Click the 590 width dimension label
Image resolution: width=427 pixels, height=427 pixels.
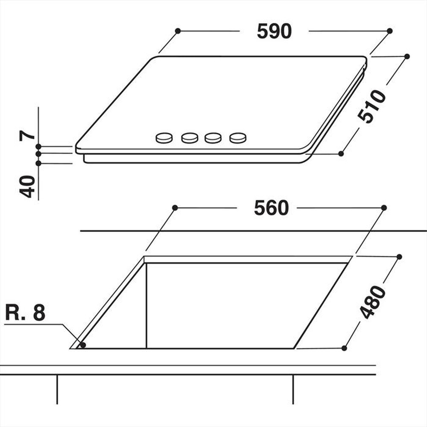click(x=274, y=31)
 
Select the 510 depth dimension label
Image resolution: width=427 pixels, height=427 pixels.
click(x=371, y=106)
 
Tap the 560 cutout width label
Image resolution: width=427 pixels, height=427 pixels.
click(x=271, y=208)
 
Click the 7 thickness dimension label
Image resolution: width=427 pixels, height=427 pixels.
click(x=27, y=135)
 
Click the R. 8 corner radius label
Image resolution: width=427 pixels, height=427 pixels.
click(x=25, y=313)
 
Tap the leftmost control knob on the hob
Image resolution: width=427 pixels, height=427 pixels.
click(x=164, y=137)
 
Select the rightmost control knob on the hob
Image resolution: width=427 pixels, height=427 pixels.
click(x=238, y=137)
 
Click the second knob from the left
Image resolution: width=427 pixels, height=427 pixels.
click(x=190, y=137)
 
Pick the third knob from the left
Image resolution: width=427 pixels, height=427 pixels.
click(x=213, y=137)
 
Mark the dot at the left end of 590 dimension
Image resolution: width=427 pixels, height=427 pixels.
click(x=178, y=31)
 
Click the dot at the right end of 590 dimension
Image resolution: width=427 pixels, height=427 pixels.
click(x=389, y=31)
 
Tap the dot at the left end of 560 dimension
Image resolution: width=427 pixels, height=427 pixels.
click(x=175, y=208)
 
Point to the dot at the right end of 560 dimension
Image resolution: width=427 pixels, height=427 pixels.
click(x=384, y=208)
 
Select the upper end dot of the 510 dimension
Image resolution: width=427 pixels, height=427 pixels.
click(x=407, y=56)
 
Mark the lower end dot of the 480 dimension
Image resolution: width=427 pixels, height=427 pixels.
click(x=344, y=348)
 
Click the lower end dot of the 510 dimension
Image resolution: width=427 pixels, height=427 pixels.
click(x=341, y=153)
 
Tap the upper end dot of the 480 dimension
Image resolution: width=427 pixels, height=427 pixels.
click(x=399, y=257)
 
